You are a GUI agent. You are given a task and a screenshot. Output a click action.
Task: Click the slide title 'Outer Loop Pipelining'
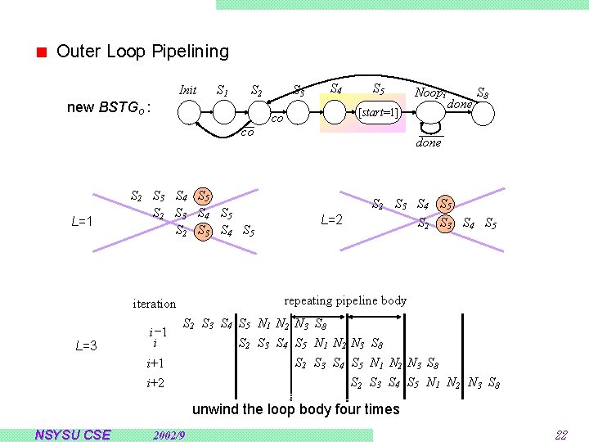[x=142, y=52]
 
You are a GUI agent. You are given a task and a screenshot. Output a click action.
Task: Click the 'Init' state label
[x=187, y=90]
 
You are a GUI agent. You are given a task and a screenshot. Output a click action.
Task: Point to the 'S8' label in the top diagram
[x=483, y=92]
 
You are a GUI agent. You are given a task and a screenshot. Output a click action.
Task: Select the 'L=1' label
[x=86, y=221]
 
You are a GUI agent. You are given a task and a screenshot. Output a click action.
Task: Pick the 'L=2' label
[x=331, y=219]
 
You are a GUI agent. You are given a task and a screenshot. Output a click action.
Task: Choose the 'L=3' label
[x=86, y=345]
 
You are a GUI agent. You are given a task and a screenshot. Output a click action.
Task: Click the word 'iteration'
[x=154, y=304]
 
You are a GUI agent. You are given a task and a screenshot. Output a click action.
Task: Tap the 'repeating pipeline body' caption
[x=345, y=300]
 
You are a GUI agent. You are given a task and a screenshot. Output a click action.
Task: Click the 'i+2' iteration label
[x=155, y=383]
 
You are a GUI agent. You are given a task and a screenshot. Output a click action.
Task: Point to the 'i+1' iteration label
[x=155, y=363]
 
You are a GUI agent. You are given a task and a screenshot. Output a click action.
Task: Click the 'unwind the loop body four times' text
[x=295, y=408]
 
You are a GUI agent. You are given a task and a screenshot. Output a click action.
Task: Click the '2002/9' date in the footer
[x=169, y=435]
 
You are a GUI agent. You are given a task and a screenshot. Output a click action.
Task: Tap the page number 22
[x=560, y=435]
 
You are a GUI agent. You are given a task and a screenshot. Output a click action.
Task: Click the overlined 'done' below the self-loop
[x=429, y=142]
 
